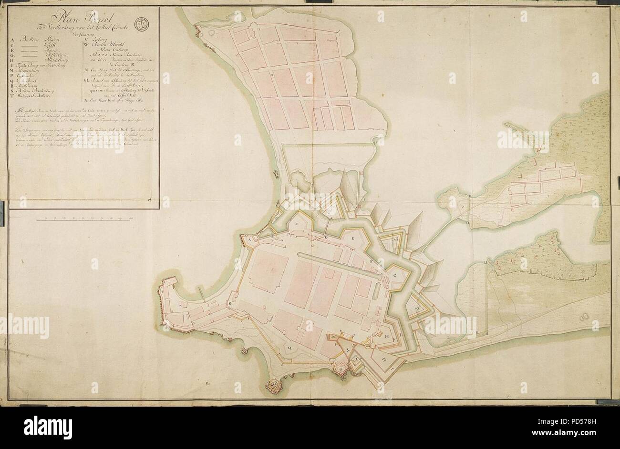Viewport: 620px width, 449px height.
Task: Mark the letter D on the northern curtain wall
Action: coord(326,237)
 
